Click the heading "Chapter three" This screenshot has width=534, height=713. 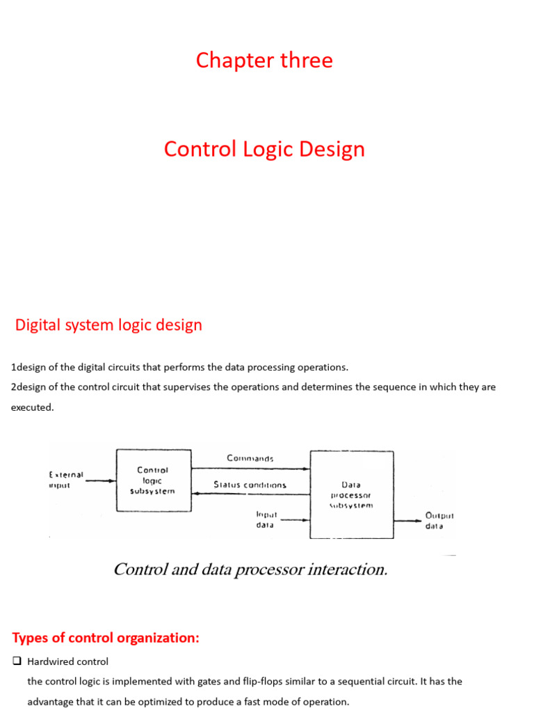[x=264, y=61]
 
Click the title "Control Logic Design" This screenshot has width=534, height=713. [x=264, y=149]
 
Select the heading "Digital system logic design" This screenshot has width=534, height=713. [x=108, y=324]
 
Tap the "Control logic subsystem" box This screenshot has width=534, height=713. [x=153, y=480]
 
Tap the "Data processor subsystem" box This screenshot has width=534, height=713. [x=351, y=494]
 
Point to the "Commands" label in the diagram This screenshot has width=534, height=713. [x=250, y=458]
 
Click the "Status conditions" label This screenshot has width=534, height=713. [x=250, y=485]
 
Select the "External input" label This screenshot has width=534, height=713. [x=66, y=479]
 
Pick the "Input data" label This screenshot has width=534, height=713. [x=266, y=519]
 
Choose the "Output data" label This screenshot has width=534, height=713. [x=439, y=521]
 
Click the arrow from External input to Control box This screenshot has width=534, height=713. [x=101, y=480]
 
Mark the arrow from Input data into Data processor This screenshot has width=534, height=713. [x=296, y=519]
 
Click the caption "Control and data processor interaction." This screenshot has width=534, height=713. [x=250, y=570]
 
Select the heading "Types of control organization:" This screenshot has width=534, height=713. [x=106, y=638]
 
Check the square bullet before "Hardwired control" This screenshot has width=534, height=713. [x=17, y=661]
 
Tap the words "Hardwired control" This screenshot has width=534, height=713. [x=68, y=661]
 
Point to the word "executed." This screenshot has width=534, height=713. [x=32, y=407]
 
